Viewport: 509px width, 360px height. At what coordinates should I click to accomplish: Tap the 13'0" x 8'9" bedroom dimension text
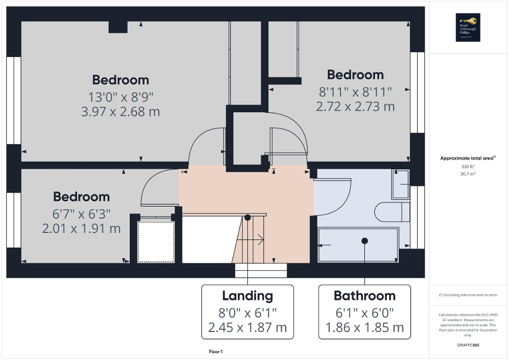click(120, 96)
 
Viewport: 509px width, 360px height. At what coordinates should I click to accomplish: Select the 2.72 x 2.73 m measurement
click(355, 106)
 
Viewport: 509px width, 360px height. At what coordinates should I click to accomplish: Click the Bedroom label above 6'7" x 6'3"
click(81, 197)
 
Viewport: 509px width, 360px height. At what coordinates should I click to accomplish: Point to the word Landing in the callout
click(247, 296)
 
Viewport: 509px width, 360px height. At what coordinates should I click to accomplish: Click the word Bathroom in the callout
click(364, 296)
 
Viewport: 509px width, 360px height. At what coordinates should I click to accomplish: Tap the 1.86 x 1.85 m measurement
click(364, 327)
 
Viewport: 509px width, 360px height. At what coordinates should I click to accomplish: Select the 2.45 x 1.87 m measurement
click(247, 327)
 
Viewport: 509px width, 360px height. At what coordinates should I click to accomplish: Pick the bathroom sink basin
click(400, 184)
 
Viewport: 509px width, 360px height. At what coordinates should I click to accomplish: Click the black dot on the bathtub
click(364, 240)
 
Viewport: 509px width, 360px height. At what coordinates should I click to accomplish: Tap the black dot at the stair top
click(247, 217)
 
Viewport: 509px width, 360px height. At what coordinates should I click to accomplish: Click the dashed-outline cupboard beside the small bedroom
click(156, 241)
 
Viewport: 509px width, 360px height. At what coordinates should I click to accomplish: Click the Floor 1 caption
click(216, 352)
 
